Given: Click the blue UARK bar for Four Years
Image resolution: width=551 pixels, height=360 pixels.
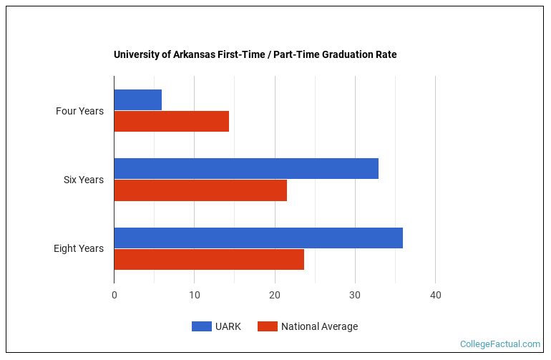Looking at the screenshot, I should click(137, 99).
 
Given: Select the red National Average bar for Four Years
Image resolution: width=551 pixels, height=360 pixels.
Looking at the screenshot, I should click(171, 122).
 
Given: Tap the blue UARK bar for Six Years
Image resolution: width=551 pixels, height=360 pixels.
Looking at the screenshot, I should click(245, 168).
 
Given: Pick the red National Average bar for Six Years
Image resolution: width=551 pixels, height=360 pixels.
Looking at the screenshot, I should click(200, 190).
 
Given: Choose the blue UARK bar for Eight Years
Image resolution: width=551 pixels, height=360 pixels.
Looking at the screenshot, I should click(258, 238).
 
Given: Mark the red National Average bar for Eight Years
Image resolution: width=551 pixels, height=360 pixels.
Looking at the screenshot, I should click(209, 259).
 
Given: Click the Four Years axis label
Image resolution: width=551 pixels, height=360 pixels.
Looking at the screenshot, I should click(79, 111).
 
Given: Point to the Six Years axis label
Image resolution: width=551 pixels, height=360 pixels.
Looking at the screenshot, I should click(83, 180).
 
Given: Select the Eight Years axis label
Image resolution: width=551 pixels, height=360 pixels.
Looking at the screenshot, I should click(78, 248).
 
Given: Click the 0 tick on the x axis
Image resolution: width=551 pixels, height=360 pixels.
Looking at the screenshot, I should click(114, 295).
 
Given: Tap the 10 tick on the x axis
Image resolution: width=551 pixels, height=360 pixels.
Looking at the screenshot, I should click(195, 295).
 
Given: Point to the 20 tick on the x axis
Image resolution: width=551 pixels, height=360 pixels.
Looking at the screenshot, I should click(275, 295).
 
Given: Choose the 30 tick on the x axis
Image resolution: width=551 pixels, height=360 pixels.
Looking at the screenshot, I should click(355, 295).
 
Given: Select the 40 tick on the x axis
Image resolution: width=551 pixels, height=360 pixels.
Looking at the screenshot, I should click(435, 295).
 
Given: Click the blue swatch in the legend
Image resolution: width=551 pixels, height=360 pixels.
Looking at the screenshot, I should click(201, 326).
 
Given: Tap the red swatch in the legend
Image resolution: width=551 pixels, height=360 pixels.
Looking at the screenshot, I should click(268, 326).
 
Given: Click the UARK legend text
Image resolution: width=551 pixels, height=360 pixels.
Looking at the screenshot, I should click(228, 326).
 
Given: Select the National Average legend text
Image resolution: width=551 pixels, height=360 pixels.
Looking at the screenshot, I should click(319, 326).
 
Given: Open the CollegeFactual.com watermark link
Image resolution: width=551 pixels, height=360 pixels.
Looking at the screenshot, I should click(500, 344).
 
